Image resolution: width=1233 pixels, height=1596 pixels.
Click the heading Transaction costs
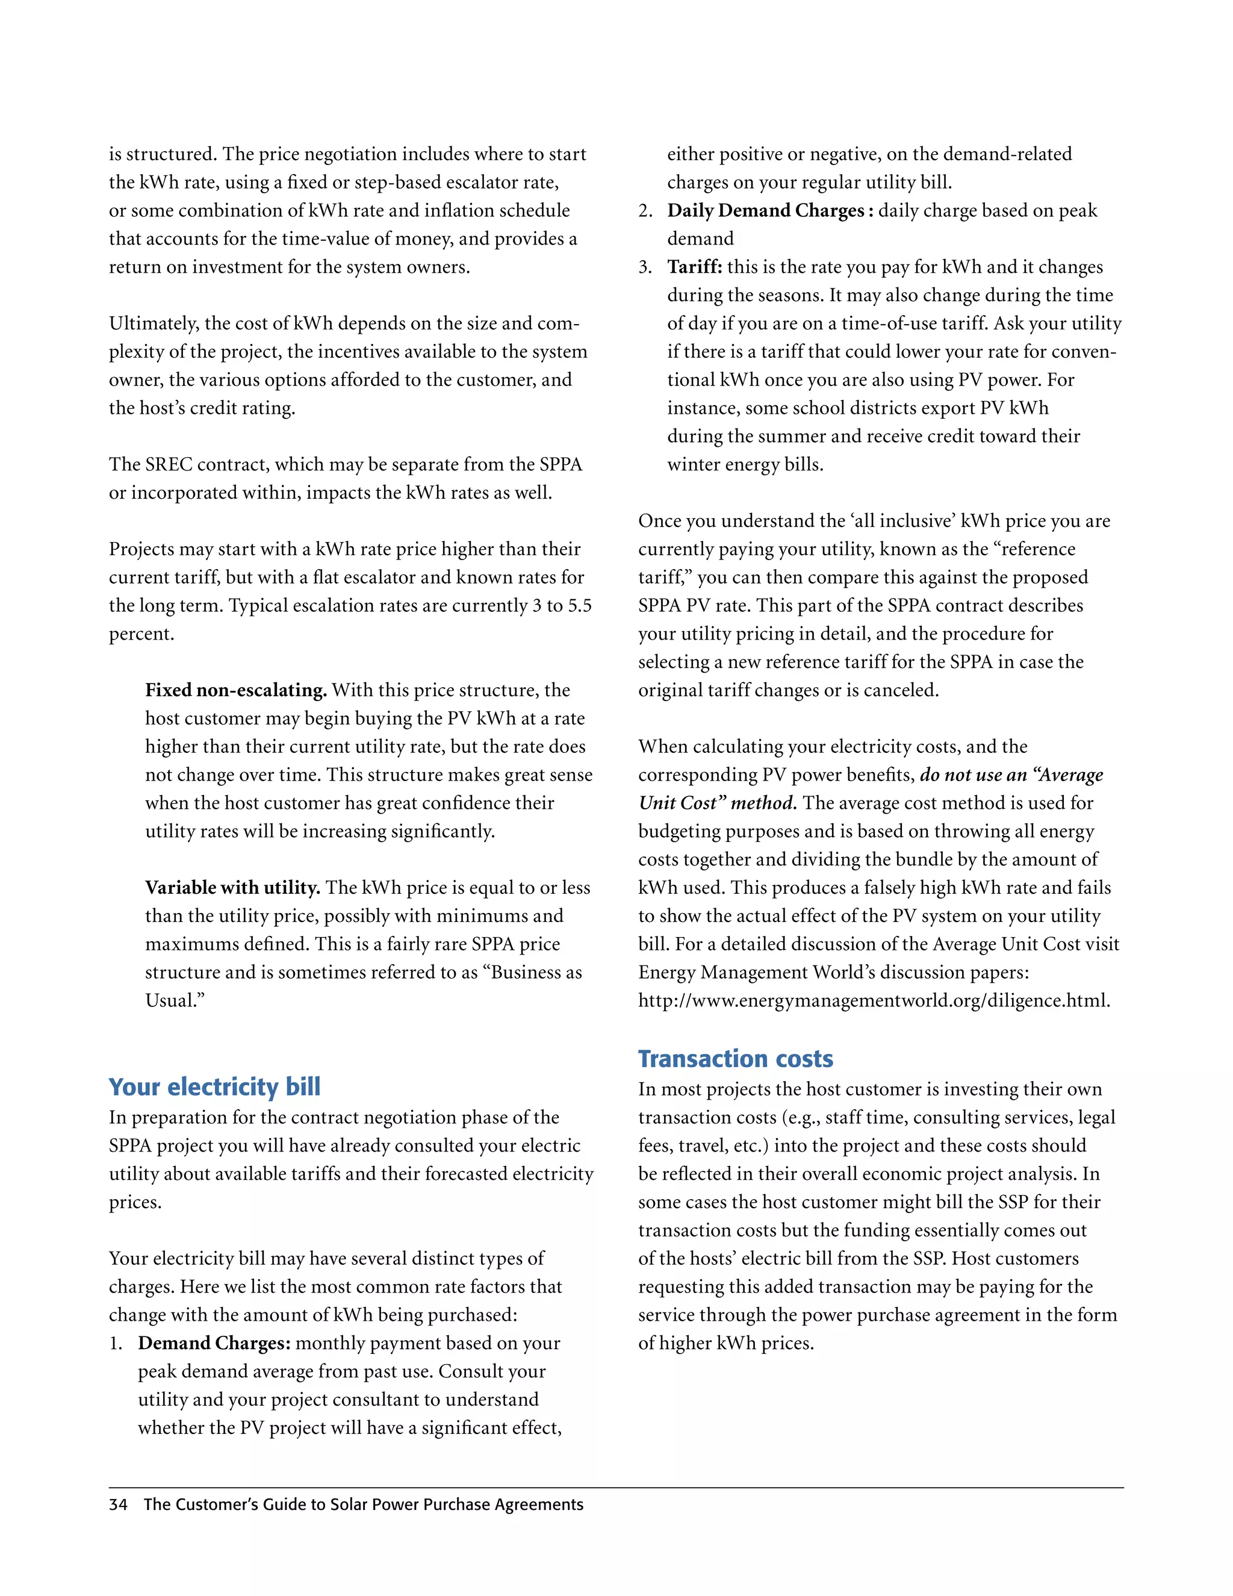pyautogui.click(x=735, y=1058)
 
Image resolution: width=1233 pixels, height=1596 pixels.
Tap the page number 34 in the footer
pyautogui.click(x=117, y=1504)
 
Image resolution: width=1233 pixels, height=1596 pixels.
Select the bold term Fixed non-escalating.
pyautogui.click(x=235, y=690)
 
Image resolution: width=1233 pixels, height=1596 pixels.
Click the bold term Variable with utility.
pyautogui.click(x=232, y=887)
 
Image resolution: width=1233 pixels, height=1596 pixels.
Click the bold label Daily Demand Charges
pyautogui.click(x=767, y=210)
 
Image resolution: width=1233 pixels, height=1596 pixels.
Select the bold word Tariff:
pyautogui.click(x=694, y=267)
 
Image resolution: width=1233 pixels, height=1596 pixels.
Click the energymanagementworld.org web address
pyautogui.click(x=874, y=1000)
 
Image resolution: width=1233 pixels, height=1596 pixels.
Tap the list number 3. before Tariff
pyautogui.click(x=645, y=267)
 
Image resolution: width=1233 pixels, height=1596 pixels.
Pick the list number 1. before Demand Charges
pyautogui.click(x=116, y=1343)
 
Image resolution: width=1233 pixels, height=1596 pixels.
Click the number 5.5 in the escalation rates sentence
pyautogui.click(x=579, y=606)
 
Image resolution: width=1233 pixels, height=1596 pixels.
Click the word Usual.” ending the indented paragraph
pyautogui.click(x=175, y=1000)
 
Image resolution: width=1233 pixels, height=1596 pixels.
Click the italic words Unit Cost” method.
pyautogui.click(x=717, y=803)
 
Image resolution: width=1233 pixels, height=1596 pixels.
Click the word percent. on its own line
pyautogui.click(x=141, y=634)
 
